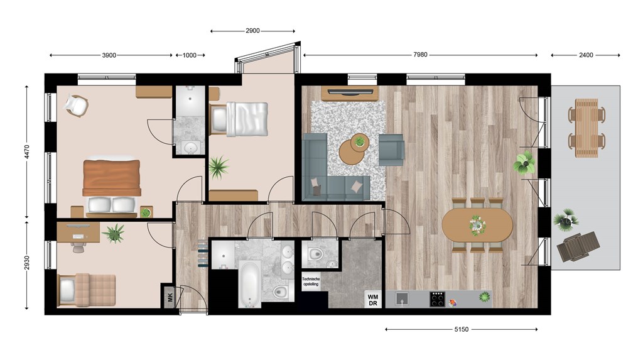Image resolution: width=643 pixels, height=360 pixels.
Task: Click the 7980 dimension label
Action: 420,55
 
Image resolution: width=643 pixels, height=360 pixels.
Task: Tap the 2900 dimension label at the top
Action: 252,31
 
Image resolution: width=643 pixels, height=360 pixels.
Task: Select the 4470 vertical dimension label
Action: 26,152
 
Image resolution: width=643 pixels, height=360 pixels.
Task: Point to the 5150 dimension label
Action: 462,329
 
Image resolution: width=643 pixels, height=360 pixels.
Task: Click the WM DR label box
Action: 373,300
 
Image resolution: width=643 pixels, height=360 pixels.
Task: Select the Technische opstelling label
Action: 311,281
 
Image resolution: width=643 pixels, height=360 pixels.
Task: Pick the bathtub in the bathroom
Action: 250,283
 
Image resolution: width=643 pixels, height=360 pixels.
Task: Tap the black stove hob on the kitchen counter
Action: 437,299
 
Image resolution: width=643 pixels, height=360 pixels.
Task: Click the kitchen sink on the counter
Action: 402,299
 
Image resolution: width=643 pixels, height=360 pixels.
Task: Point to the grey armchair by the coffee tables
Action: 392,150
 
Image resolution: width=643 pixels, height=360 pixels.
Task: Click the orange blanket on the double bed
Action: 112,178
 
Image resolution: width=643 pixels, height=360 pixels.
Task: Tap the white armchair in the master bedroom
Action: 76,106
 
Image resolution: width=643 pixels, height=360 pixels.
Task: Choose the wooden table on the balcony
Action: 587,128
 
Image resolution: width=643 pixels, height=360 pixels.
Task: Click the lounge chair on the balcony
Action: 578,246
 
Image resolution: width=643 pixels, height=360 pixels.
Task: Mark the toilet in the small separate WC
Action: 315,254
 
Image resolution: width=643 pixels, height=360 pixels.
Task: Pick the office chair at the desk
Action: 77,246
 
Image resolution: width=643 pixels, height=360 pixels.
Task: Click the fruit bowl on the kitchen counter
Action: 452,303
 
